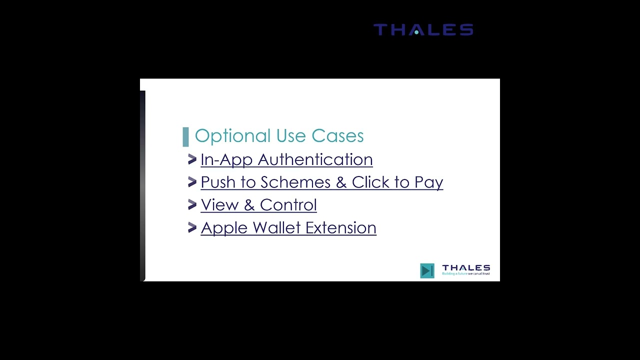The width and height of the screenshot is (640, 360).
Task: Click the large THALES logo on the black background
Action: click(x=423, y=30)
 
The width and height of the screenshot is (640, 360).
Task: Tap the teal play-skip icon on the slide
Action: click(x=427, y=270)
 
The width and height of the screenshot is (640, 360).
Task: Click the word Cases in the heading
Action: click(x=337, y=136)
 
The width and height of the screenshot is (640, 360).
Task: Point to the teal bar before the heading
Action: click(x=186, y=136)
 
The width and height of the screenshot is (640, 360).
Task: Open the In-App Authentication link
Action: click(x=286, y=159)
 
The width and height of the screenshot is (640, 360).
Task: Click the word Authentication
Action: click(x=315, y=159)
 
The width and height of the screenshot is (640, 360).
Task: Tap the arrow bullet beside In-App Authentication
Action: click(x=192, y=159)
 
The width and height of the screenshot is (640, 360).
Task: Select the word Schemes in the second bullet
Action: click(x=295, y=182)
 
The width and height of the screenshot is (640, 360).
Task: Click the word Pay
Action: click(x=428, y=182)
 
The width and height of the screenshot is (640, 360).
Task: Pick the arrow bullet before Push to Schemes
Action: click(x=192, y=182)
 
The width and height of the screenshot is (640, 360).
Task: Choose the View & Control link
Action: click(x=258, y=205)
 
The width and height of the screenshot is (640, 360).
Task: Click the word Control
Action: click(x=288, y=205)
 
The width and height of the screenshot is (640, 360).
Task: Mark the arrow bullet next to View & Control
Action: click(x=192, y=204)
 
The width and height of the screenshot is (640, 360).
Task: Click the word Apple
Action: click(x=224, y=228)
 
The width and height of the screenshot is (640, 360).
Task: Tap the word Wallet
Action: click(x=276, y=228)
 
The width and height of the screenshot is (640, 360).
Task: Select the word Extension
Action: click(x=340, y=228)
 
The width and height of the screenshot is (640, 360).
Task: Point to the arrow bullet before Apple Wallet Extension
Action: click(x=192, y=227)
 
